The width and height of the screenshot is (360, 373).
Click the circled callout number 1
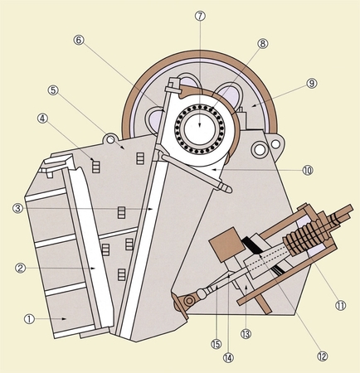click(x=29, y=319)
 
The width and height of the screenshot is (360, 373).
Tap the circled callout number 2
click(x=20, y=268)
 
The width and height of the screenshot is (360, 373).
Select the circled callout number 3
click(x=17, y=209)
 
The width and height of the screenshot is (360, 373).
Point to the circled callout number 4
click(x=42, y=119)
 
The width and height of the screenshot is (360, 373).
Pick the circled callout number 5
click(x=53, y=90)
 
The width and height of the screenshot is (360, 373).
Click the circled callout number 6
click(x=79, y=40)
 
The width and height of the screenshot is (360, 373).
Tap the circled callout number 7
click(x=200, y=16)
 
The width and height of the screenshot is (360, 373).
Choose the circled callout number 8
click(x=263, y=43)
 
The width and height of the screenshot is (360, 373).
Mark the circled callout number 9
click(x=312, y=83)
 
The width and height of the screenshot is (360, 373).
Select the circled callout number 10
click(x=308, y=170)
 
